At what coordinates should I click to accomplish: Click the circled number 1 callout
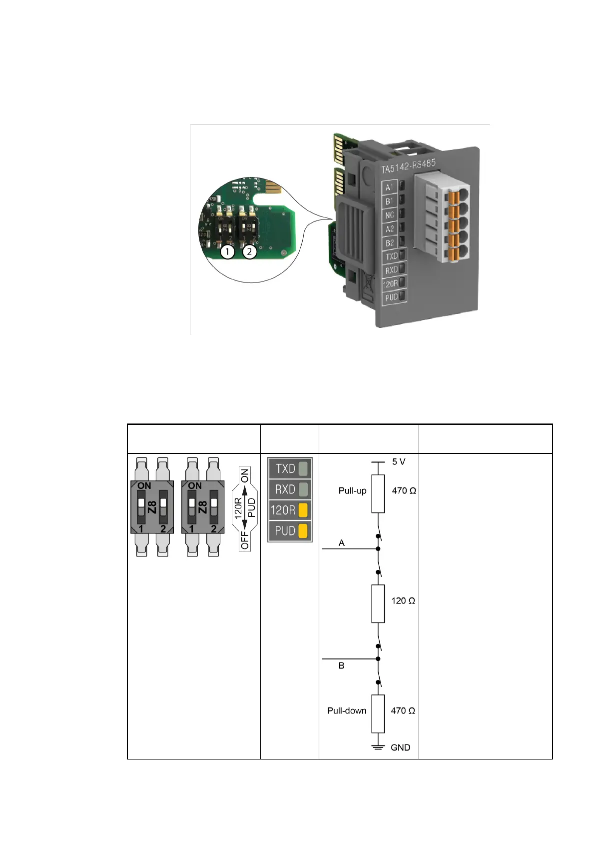(228, 251)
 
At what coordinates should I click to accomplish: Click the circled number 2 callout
(250, 251)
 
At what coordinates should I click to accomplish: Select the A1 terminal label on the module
(390, 187)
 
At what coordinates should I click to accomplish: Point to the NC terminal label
(390, 215)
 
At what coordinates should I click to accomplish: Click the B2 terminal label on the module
(390, 243)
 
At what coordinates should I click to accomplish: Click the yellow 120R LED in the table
(303, 510)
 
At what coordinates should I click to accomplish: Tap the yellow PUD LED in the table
(303, 531)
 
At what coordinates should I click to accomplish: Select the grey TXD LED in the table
(303, 469)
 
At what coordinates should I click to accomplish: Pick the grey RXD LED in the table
(303, 489)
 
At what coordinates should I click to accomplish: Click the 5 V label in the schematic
(399, 462)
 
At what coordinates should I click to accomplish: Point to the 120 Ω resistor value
(403, 601)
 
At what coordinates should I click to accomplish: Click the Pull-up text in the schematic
(352, 491)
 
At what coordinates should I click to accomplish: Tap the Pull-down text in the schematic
(347, 711)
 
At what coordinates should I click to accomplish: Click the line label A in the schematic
(342, 543)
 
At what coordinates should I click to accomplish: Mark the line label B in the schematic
(342, 666)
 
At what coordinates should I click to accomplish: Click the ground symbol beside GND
(378, 747)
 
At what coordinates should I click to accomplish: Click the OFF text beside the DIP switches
(245, 541)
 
